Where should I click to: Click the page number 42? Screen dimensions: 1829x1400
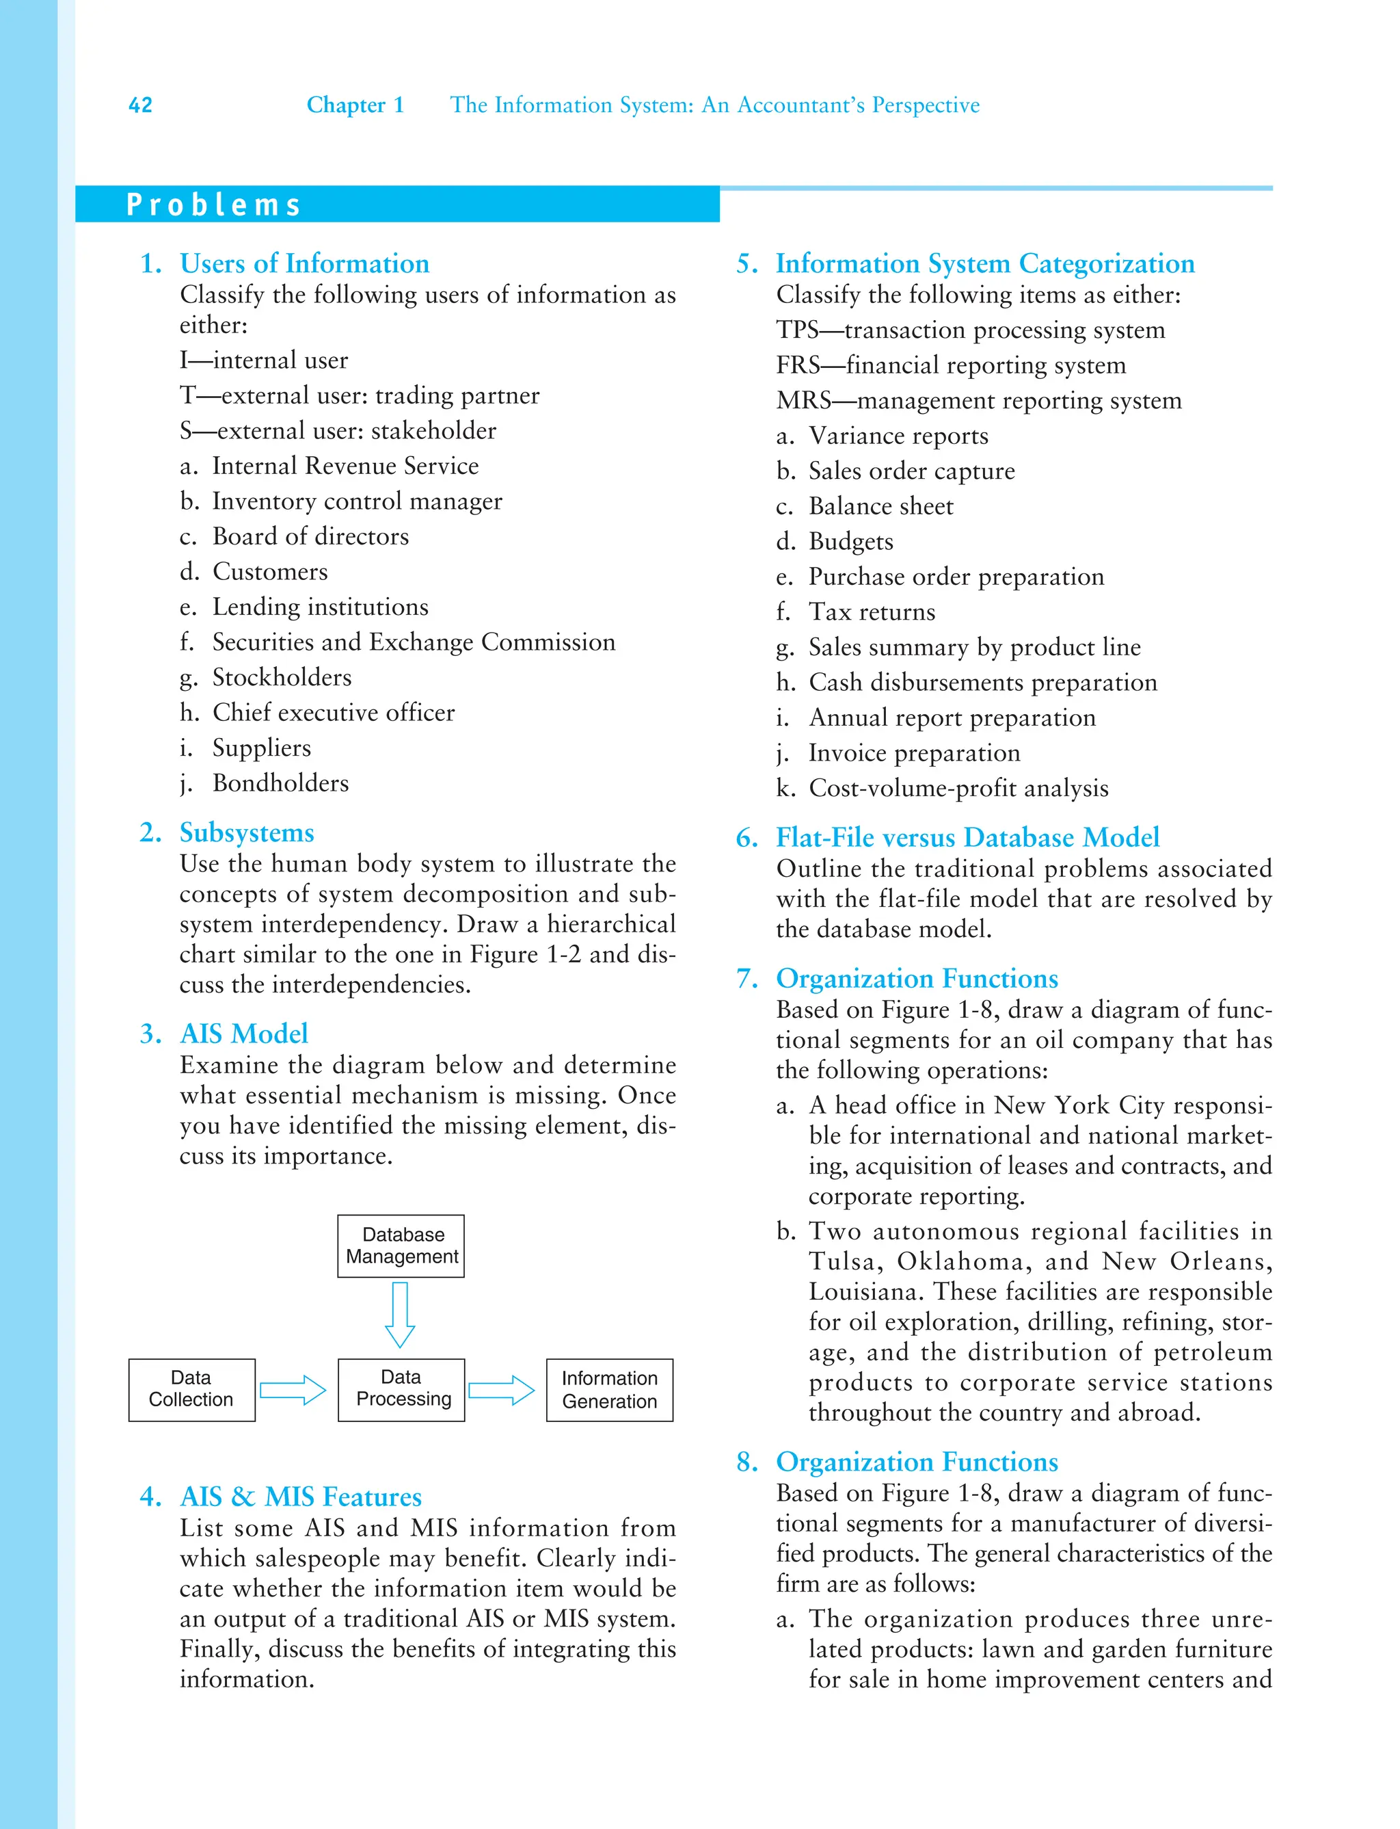click(140, 105)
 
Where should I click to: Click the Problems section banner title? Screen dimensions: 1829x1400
click(213, 205)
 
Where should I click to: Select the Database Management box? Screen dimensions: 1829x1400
click(401, 1246)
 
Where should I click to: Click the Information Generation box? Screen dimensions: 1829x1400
click(609, 1390)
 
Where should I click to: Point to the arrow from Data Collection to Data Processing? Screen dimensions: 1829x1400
click(293, 1390)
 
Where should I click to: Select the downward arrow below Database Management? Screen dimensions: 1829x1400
click(400, 1315)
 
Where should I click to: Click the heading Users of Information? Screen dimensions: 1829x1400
click(304, 263)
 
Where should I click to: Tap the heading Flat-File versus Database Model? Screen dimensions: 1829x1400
click(967, 837)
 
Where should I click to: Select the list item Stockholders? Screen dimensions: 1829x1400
click(282, 677)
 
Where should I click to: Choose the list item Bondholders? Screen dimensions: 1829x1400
click(280, 782)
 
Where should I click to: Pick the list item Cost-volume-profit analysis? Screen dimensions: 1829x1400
click(958, 788)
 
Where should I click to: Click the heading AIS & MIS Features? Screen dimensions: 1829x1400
click(301, 1497)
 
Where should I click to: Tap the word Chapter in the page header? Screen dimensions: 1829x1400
click(345, 105)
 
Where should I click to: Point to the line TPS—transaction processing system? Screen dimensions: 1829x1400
click(970, 330)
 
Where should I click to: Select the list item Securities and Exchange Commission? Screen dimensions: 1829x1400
click(414, 642)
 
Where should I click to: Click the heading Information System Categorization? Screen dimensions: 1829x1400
click(984, 263)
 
